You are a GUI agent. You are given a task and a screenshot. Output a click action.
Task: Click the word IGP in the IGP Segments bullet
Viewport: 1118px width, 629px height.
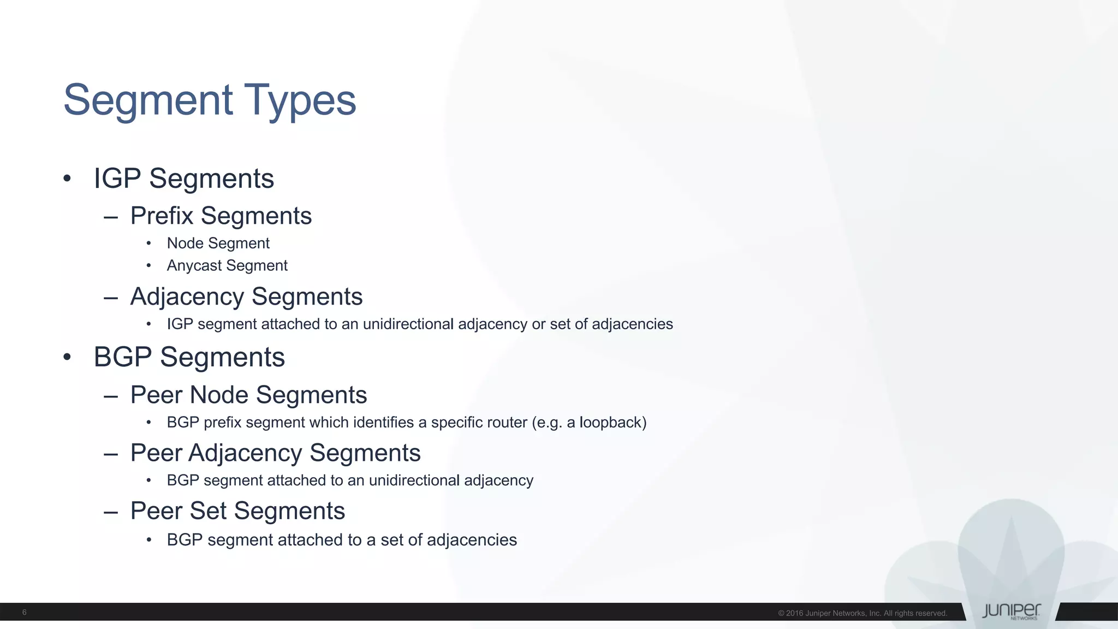tap(117, 179)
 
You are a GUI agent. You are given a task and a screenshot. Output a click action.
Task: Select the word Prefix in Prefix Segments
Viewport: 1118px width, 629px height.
tap(162, 216)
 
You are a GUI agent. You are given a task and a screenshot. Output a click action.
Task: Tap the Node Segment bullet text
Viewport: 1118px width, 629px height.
tap(218, 243)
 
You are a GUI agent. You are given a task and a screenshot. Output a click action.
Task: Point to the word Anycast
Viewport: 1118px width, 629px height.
tap(194, 266)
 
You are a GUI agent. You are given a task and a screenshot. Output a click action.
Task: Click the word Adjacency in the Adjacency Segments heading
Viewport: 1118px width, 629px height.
tap(187, 297)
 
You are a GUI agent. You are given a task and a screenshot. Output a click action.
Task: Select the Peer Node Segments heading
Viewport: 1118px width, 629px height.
tap(248, 395)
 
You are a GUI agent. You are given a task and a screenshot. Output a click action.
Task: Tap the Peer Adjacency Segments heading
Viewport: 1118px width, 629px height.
tap(275, 453)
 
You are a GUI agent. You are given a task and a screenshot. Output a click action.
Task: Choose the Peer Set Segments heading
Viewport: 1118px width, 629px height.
tap(237, 511)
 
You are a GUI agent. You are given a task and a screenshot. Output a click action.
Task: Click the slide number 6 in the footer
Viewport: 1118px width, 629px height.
tap(25, 612)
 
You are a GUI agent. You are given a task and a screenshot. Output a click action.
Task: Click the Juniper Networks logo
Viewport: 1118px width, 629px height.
tap(1011, 611)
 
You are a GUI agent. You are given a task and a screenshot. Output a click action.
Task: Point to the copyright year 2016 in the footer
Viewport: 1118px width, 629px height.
tap(794, 613)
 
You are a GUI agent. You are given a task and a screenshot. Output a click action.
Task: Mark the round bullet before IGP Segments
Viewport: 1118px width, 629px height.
tap(67, 179)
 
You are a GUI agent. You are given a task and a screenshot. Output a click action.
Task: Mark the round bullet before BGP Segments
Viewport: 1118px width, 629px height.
tap(67, 357)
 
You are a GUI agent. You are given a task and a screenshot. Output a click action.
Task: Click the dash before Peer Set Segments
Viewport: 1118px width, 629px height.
tap(111, 512)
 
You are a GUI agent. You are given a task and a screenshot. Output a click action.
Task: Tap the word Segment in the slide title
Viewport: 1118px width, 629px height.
tap(148, 100)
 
